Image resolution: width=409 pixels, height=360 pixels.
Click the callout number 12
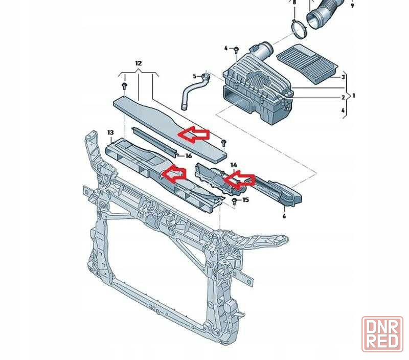(138, 63)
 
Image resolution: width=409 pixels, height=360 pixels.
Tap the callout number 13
(110, 132)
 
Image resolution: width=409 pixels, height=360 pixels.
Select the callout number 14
(234, 165)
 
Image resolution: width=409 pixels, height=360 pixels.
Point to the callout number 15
(246, 200)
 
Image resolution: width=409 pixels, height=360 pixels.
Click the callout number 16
(188, 156)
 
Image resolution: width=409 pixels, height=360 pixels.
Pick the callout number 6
(284, 216)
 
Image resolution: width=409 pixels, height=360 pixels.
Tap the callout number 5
(194, 76)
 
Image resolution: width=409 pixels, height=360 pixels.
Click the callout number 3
(343, 77)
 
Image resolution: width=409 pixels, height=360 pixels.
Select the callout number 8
(294, 3)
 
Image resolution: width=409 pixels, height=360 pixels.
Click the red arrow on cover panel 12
(194, 134)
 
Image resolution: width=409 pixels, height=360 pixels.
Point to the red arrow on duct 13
(174, 173)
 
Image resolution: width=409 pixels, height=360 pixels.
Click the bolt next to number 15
(235, 201)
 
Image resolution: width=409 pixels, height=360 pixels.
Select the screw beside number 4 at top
(236, 49)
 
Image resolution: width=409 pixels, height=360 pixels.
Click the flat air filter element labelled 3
(307, 63)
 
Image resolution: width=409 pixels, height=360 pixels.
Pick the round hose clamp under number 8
(299, 29)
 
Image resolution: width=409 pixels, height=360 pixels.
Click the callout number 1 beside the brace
(354, 96)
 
